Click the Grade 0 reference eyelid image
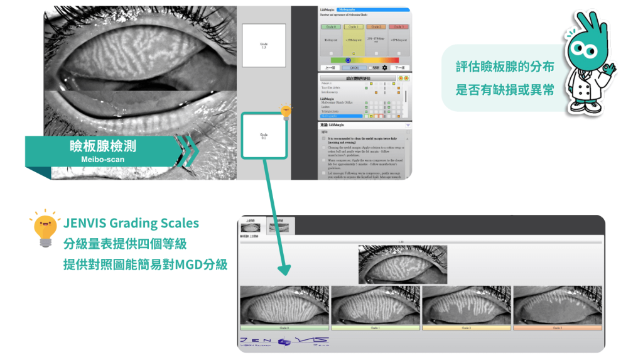click(x=284, y=305)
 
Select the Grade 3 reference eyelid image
click(x=557, y=305)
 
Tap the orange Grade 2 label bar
click(x=467, y=328)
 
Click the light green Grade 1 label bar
click(x=376, y=328)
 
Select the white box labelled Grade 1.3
click(x=263, y=46)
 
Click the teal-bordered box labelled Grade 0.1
click(x=264, y=135)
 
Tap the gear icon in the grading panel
click(x=384, y=67)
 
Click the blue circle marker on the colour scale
click(x=349, y=60)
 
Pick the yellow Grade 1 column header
click(x=353, y=27)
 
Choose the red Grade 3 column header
click(x=397, y=27)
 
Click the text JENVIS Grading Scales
click(x=131, y=224)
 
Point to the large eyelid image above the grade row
click(x=403, y=264)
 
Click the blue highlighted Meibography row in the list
click(x=342, y=116)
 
